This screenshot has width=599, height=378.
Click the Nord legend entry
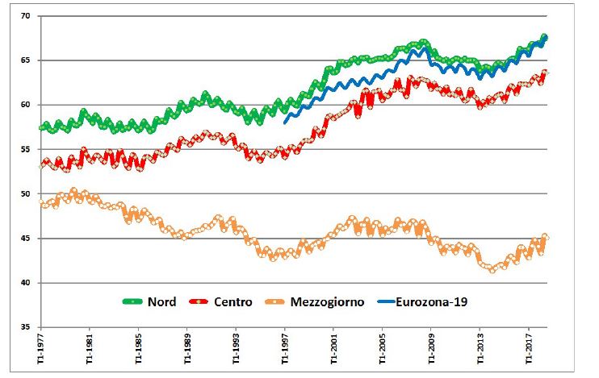pos(161,302)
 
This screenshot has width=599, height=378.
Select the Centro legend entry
pos(233,302)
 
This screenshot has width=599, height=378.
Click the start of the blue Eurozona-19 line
pos(285,122)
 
